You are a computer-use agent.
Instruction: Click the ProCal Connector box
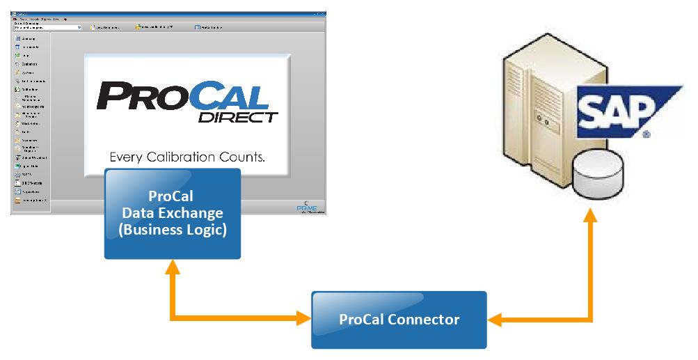tap(399, 320)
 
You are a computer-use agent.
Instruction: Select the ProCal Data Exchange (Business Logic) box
tap(173, 214)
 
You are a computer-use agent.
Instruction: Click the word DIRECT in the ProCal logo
tap(238, 116)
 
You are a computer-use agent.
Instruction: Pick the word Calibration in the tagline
tap(184, 157)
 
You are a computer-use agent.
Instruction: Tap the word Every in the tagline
tap(127, 157)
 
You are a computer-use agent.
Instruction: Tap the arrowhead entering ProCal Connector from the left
tap(303, 320)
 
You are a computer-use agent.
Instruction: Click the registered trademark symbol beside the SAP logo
tap(647, 132)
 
